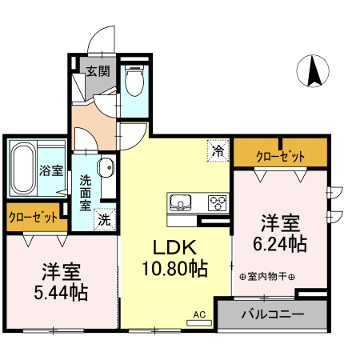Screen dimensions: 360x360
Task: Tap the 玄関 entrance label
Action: (98, 70)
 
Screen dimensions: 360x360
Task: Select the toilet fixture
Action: (134, 80)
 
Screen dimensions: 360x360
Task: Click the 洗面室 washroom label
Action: (85, 192)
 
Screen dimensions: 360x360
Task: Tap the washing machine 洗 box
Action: (104, 218)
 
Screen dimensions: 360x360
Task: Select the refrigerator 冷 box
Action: (217, 149)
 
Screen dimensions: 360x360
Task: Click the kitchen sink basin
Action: (181, 201)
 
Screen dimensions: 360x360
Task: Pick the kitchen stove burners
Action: (217, 201)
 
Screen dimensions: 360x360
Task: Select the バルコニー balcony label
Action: (272, 315)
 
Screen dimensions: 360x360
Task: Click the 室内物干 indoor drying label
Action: (267, 278)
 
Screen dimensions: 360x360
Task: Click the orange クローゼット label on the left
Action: (34, 217)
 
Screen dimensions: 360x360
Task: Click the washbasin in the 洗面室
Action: (105, 168)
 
